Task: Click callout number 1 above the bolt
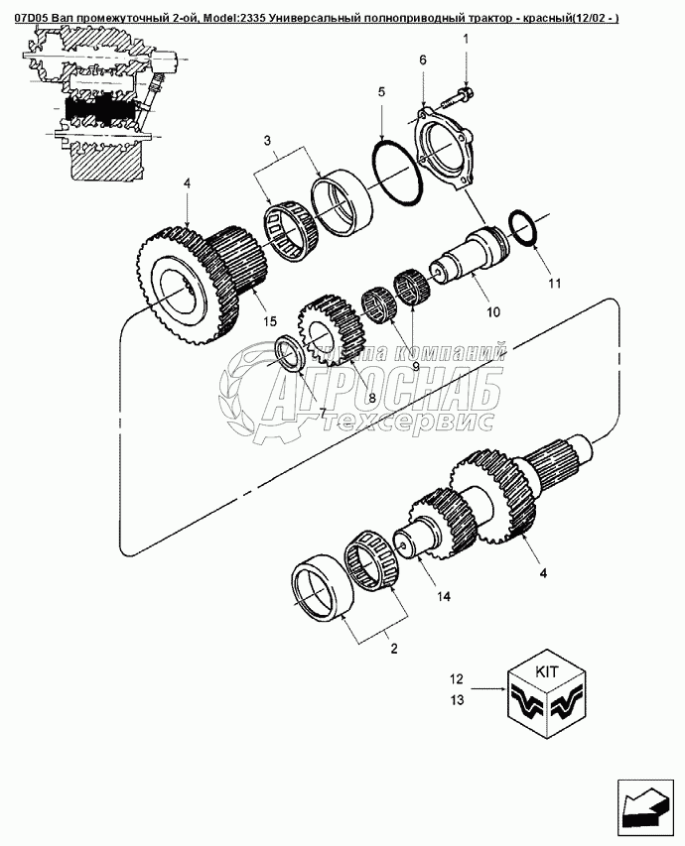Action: coord(465,39)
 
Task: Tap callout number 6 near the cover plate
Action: coord(422,60)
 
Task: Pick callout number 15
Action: coord(268,319)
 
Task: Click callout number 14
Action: coord(443,596)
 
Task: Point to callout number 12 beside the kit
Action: coord(457,680)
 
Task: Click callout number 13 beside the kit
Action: coord(457,701)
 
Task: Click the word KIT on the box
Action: coord(547,671)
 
